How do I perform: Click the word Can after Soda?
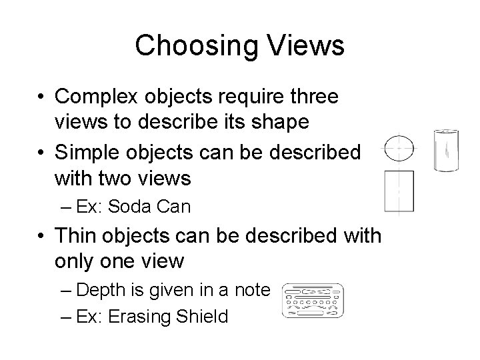[x=175, y=207]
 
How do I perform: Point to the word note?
[x=251, y=290]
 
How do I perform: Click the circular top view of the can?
[x=399, y=148]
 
